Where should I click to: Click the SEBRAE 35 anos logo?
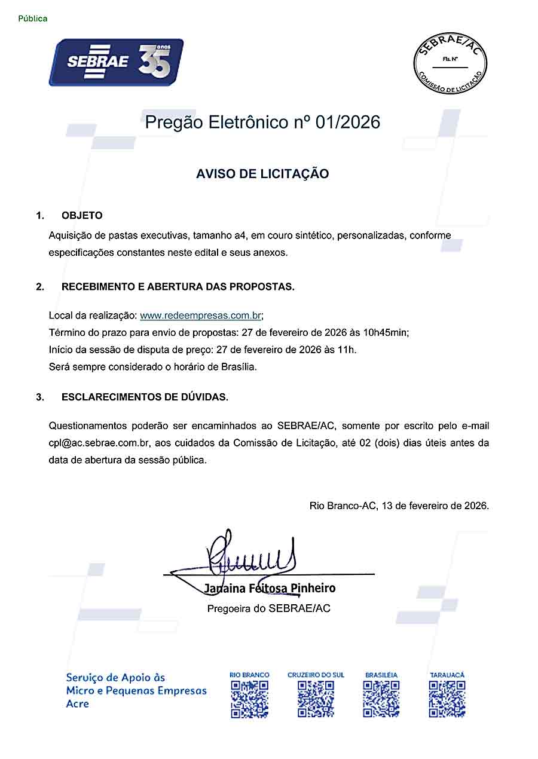click(x=116, y=62)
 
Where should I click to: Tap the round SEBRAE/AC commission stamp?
click(x=450, y=63)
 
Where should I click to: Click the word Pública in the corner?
click(x=33, y=19)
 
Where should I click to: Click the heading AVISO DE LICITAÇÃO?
click(x=262, y=174)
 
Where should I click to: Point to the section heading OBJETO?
click(x=82, y=216)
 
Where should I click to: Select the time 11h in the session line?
click(x=351, y=349)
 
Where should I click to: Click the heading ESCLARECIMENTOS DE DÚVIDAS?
click(x=145, y=397)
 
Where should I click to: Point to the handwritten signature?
click(x=251, y=553)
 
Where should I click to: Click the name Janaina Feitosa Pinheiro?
click(x=270, y=588)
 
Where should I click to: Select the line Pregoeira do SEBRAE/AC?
click(x=268, y=608)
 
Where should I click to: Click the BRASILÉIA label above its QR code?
click(x=381, y=675)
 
